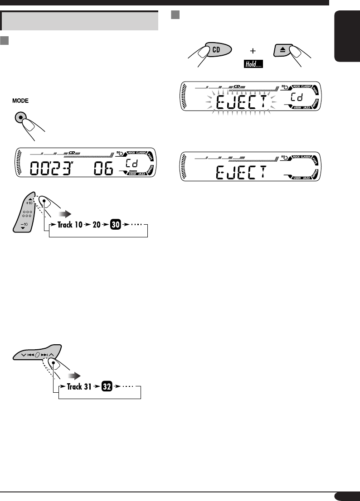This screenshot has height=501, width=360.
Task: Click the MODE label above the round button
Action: point(21,102)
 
